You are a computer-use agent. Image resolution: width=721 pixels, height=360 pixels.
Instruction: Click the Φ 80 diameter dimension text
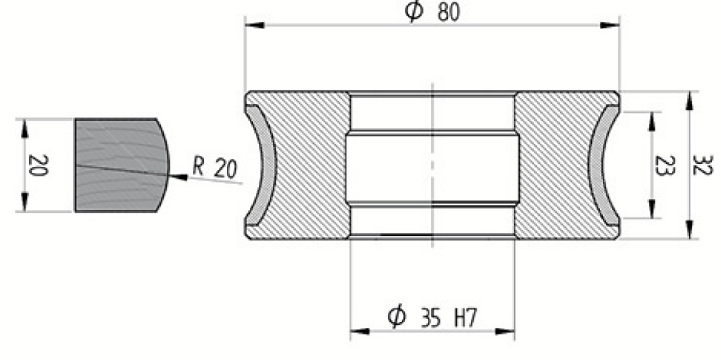click(432, 12)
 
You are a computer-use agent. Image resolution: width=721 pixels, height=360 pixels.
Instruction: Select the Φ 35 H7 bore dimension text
click(432, 317)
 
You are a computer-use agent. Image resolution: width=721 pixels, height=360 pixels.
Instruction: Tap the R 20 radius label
click(215, 167)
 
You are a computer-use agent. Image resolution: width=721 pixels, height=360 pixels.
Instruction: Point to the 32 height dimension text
click(702, 165)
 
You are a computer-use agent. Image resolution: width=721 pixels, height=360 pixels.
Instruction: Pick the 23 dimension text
click(664, 166)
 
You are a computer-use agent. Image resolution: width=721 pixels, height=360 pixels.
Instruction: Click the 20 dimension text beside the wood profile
click(38, 166)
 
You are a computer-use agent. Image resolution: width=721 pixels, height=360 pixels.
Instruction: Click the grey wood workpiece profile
click(122, 165)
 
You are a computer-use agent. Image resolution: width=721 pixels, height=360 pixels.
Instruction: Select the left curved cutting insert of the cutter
click(262, 166)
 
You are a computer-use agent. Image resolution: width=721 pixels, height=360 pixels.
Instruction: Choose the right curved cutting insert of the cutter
click(603, 166)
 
